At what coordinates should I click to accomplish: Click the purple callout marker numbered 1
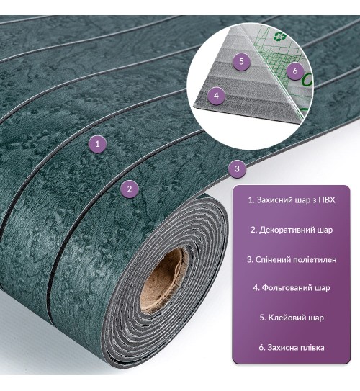97,144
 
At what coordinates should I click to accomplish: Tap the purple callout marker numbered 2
130,189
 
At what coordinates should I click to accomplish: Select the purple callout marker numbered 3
237,168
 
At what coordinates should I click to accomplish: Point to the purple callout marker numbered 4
216,96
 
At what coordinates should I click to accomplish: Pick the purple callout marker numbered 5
241,61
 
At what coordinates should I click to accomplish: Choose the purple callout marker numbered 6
295,71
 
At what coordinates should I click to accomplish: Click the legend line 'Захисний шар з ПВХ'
292,200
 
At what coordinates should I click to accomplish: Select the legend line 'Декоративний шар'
292,230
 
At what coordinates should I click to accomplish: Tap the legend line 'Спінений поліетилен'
292,259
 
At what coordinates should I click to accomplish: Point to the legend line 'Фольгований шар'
292,288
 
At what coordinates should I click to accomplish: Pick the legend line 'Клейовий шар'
292,318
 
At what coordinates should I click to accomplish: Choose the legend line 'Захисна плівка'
292,348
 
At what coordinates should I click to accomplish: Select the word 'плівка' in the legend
312,348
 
